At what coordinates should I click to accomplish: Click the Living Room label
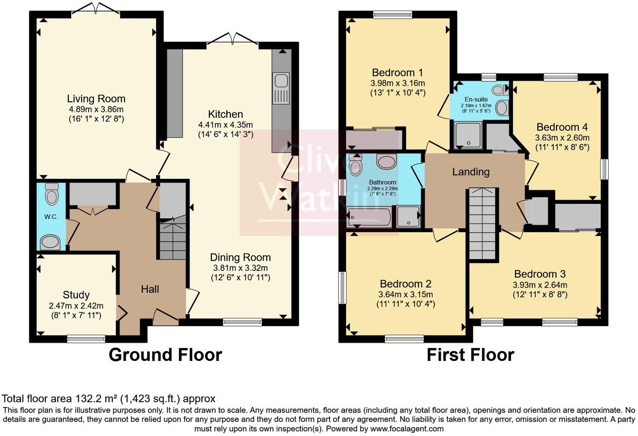click(x=96, y=99)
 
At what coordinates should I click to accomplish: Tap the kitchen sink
click(x=280, y=88)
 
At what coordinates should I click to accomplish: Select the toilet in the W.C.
click(x=51, y=194)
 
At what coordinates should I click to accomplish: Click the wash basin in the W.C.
click(x=50, y=242)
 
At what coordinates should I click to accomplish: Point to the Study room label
click(x=76, y=295)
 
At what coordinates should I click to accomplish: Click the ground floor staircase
click(x=173, y=241)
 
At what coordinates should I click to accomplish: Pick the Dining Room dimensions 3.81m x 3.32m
click(x=240, y=268)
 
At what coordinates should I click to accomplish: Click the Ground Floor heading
click(x=165, y=355)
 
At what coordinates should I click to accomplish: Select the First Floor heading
click(x=470, y=355)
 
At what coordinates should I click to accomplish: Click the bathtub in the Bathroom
click(x=369, y=217)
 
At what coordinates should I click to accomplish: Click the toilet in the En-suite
click(x=499, y=89)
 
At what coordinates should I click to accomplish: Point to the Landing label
click(x=471, y=171)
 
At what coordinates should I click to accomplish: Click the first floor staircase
click(x=483, y=224)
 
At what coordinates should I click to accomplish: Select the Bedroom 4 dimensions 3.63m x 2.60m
click(x=562, y=138)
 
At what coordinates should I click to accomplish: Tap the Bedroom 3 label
click(x=540, y=274)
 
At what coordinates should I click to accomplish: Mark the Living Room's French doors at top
click(x=96, y=8)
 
